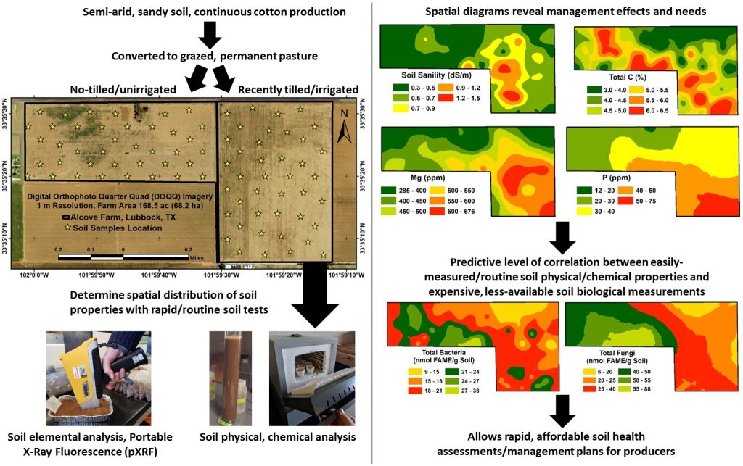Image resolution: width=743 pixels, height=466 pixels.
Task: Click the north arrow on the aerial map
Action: coord(347,125)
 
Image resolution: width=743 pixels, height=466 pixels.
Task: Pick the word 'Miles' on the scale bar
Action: coord(197,257)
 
